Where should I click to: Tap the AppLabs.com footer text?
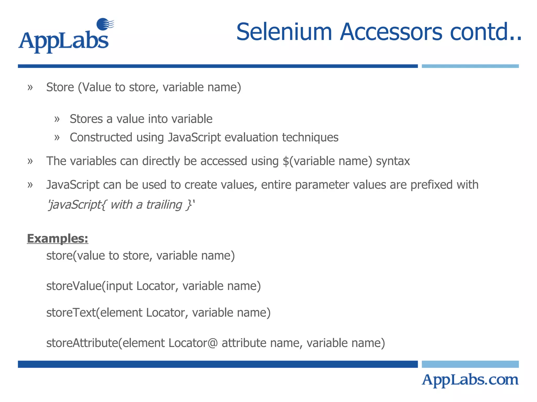(470, 380)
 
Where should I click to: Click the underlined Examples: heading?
(57, 238)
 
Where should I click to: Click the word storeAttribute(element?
(105, 343)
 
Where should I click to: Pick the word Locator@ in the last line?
(193, 343)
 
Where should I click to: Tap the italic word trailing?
(164, 205)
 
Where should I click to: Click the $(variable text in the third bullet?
(309, 161)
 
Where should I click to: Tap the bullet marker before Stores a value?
(57, 119)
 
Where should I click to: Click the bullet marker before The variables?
(30, 161)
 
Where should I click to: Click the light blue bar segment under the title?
(470, 66)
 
